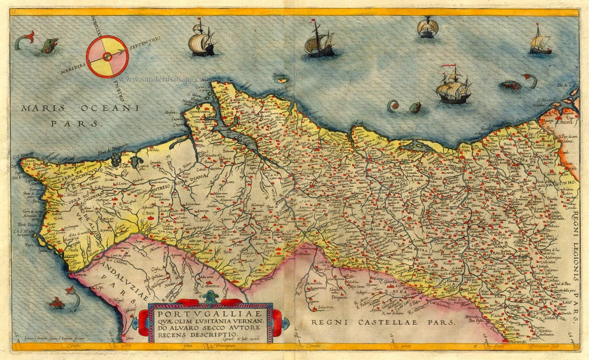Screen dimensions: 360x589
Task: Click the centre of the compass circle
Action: click(x=107, y=57)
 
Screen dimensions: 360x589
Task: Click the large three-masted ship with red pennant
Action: click(x=453, y=87)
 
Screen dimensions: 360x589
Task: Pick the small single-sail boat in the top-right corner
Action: click(x=540, y=41)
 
